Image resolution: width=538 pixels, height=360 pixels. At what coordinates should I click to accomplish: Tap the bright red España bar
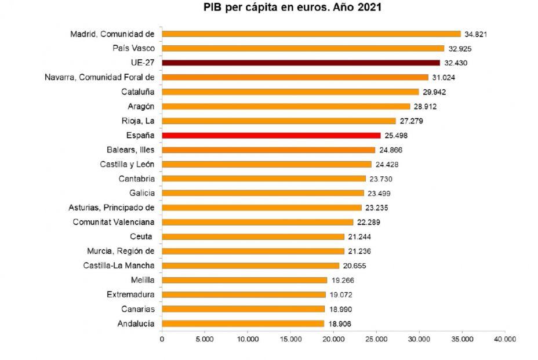(x=271, y=135)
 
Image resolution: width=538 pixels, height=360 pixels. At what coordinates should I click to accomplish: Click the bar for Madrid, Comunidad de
(x=311, y=34)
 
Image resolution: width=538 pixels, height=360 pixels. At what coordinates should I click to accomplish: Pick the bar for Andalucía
(x=243, y=323)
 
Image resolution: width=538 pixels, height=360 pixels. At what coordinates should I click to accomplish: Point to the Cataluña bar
(x=290, y=92)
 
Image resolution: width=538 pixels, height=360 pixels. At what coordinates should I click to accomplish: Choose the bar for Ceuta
(x=253, y=237)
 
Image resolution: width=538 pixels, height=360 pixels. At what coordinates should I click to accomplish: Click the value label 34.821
(x=475, y=34)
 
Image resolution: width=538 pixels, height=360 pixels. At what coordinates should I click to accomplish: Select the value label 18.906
(x=339, y=324)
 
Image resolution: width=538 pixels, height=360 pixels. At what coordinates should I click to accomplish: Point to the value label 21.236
(x=359, y=252)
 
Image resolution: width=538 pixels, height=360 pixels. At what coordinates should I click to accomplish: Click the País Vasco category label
(x=134, y=48)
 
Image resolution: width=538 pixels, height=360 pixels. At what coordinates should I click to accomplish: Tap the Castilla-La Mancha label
(x=119, y=266)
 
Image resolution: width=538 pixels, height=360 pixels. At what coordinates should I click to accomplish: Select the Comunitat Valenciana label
(x=114, y=222)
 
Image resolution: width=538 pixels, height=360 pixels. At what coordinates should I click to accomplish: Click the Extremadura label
(x=130, y=294)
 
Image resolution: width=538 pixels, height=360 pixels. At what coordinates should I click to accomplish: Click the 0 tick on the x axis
(x=162, y=340)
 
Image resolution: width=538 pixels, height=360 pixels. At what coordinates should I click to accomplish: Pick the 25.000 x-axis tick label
(x=376, y=340)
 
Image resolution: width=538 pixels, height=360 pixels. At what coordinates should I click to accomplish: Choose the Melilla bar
(x=244, y=280)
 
